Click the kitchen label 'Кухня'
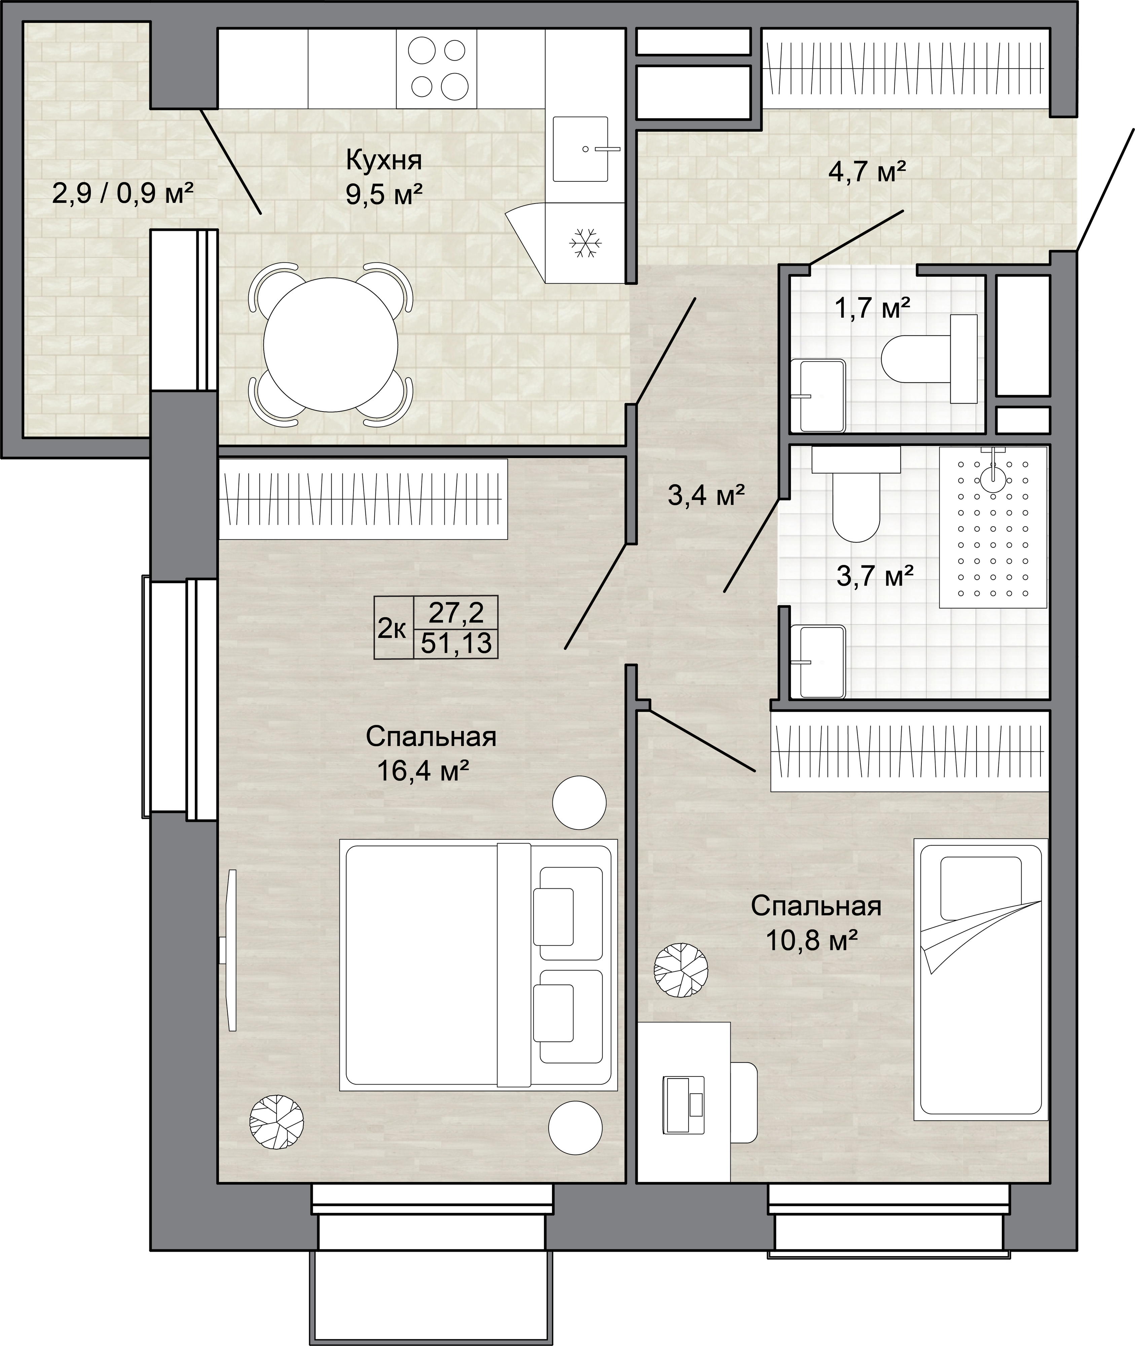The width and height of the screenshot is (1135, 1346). click(x=384, y=160)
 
